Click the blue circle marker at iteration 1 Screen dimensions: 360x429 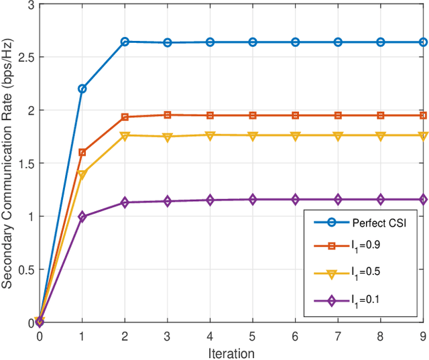point(82,88)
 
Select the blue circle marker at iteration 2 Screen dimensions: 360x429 point(125,42)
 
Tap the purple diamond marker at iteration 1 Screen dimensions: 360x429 point(82,217)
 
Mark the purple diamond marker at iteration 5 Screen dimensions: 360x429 point(253,199)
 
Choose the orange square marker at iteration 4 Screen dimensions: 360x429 point(210,115)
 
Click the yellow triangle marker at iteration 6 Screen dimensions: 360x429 point(296,135)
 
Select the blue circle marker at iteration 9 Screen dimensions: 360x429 point(423,42)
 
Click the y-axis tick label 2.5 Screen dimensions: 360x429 point(25,57)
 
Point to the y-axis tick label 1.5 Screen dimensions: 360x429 point(25,163)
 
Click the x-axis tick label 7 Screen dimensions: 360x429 point(338,335)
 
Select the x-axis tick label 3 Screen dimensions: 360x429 point(168,335)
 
